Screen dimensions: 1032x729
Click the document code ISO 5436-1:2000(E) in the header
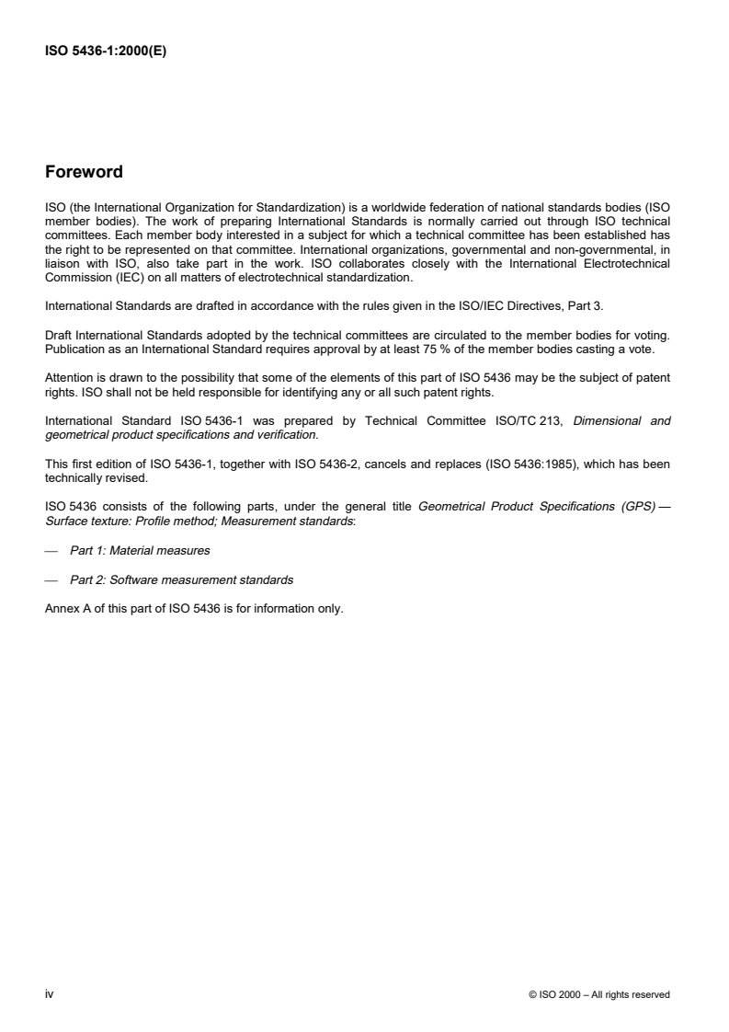107,52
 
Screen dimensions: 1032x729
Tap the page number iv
49,994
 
